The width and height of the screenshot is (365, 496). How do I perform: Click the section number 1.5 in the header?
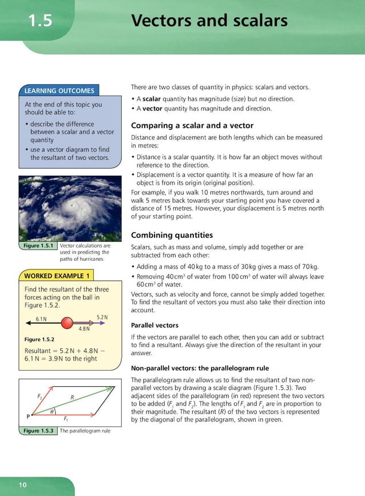click(41, 22)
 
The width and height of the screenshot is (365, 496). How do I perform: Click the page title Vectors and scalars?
click(209, 21)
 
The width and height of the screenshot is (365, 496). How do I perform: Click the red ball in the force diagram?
click(68, 322)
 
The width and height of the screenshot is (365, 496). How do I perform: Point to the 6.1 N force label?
click(41, 318)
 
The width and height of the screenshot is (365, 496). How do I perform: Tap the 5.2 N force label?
click(102, 316)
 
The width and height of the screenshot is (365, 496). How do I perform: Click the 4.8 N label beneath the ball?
click(84, 329)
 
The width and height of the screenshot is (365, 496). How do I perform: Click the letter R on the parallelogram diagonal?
click(72, 396)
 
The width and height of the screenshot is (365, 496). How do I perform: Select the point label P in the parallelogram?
click(27, 416)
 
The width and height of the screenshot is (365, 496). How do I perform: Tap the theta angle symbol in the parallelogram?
click(52, 411)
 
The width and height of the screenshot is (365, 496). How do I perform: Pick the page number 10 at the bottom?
click(22, 485)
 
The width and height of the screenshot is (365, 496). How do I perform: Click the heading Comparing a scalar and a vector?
click(192, 125)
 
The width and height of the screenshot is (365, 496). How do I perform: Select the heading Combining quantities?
click(172, 235)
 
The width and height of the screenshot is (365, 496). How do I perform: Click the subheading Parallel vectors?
click(154, 324)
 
